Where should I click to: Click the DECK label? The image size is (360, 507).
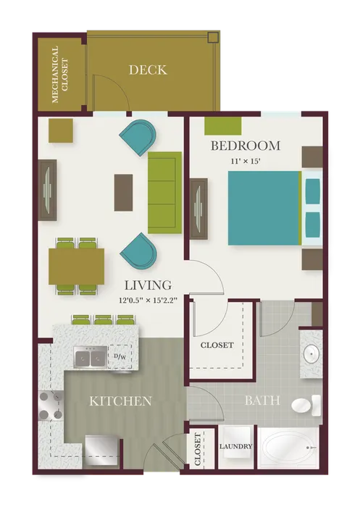(148, 70)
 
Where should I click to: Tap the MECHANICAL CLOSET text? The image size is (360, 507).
(59, 75)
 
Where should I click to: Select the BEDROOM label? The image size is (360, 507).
(246, 146)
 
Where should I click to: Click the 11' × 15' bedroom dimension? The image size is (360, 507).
(246, 162)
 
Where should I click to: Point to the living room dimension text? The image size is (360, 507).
(148, 301)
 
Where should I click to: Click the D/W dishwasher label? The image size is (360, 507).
(120, 356)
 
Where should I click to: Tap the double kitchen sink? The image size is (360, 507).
(91, 357)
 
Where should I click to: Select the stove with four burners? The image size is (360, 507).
(51, 406)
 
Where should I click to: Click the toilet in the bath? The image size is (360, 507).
(306, 406)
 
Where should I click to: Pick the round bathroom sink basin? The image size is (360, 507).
(311, 354)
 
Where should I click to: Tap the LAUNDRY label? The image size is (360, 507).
(236, 447)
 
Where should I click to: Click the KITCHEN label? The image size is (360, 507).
(120, 401)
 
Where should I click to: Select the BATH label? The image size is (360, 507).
(262, 401)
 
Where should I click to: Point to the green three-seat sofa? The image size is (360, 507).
(164, 193)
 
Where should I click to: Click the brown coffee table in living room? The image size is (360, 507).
(123, 193)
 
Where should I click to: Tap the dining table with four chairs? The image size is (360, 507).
(77, 267)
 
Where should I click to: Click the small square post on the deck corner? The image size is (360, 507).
(213, 38)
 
